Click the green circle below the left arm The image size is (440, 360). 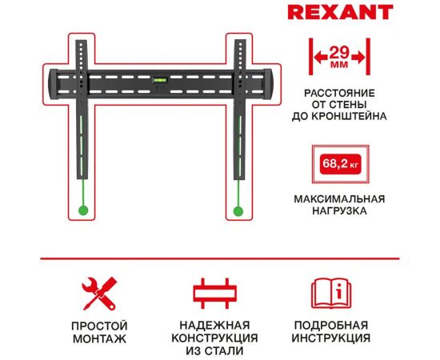(x=82, y=211)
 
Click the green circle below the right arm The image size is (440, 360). (x=238, y=211)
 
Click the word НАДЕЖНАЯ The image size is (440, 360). (x=215, y=326)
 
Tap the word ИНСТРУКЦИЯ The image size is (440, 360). (x=331, y=340)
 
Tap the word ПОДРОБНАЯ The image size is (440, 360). (x=331, y=326)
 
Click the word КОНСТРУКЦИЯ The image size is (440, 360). (x=215, y=339)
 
